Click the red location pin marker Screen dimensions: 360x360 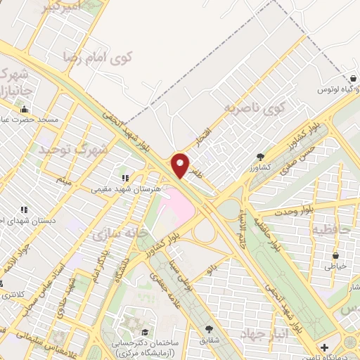click(180, 166)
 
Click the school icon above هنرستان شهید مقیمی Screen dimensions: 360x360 click(125, 179)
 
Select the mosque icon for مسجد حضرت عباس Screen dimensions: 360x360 click(25, 110)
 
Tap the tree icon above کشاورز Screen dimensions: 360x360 click(261, 157)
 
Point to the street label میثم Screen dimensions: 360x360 click(65, 181)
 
